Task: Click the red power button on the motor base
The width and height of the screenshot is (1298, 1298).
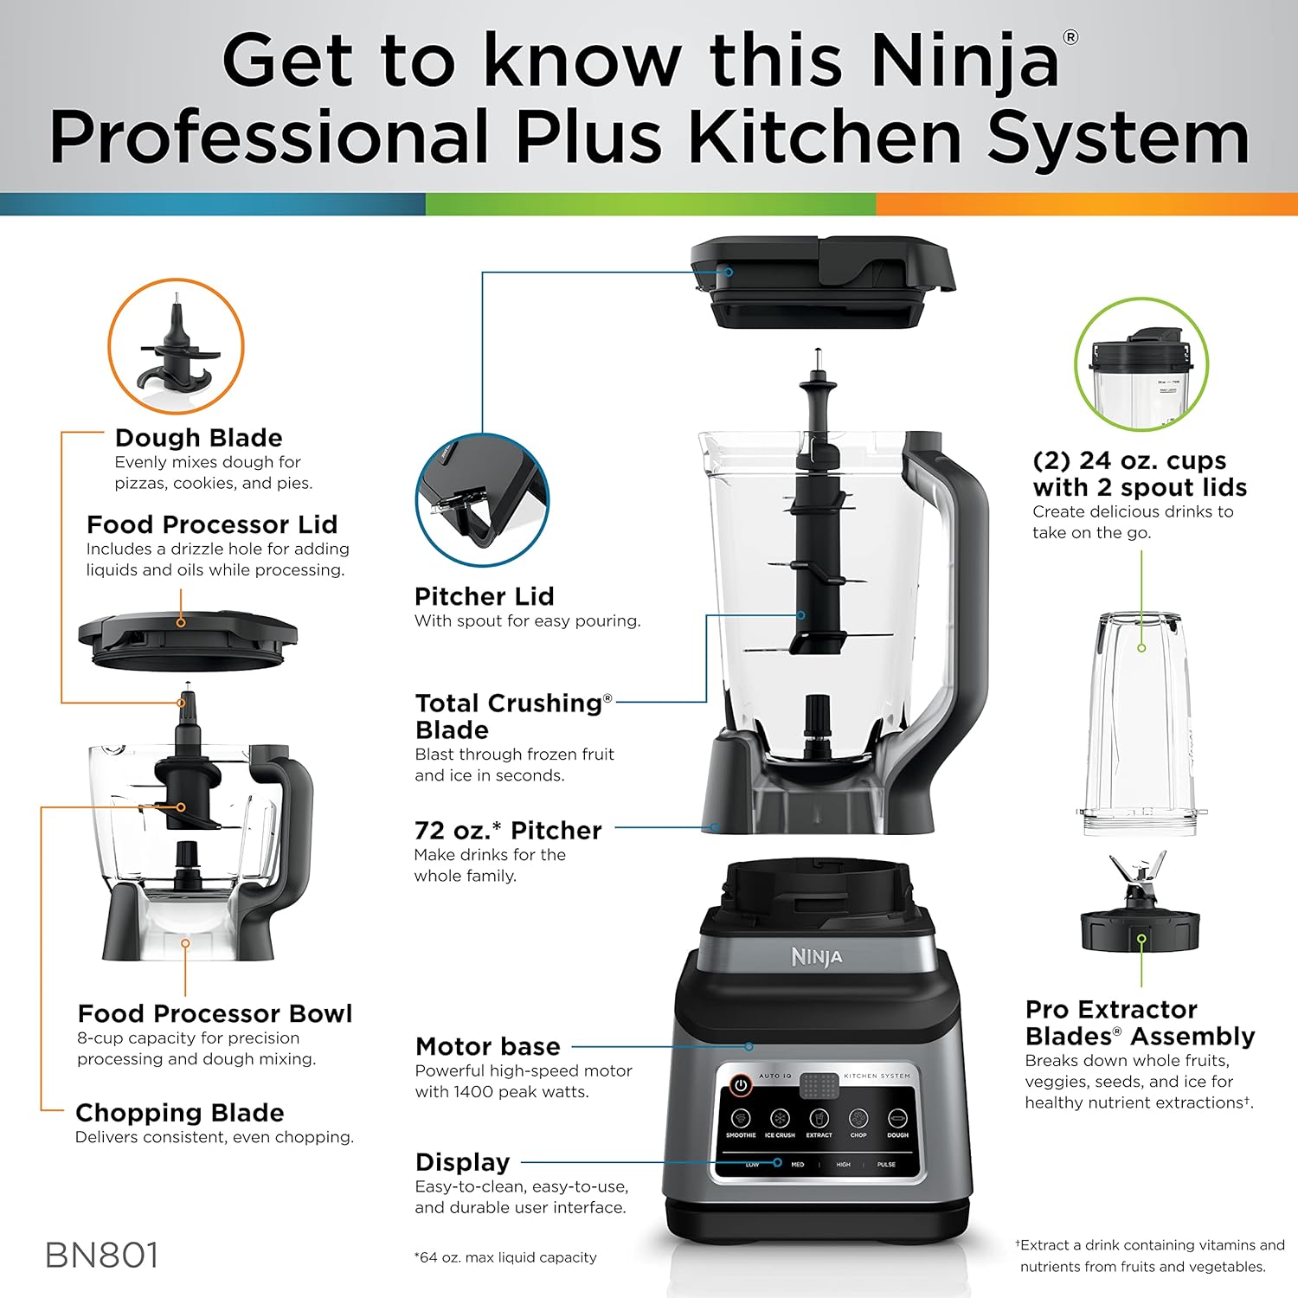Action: pyautogui.click(x=741, y=1084)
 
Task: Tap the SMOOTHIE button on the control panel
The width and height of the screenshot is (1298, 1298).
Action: pyautogui.click(x=741, y=1119)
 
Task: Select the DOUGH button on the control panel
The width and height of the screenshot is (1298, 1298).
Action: pyautogui.click(x=897, y=1119)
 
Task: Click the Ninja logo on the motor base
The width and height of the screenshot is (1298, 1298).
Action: pyautogui.click(x=816, y=957)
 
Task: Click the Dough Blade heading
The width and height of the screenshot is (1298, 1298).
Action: pyautogui.click(x=198, y=438)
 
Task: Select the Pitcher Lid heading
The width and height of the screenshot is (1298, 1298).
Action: pyautogui.click(x=484, y=596)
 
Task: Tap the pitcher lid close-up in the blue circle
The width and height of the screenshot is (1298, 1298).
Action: pyautogui.click(x=481, y=500)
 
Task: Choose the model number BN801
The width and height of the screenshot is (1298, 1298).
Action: pyautogui.click(x=102, y=1256)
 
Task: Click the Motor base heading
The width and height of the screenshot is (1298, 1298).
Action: pyautogui.click(x=487, y=1046)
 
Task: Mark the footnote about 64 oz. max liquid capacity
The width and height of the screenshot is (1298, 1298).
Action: pyautogui.click(x=505, y=1257)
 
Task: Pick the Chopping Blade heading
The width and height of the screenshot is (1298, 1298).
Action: pyautogui.click(x=179, y=1113)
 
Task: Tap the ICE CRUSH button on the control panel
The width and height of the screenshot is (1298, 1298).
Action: pyautogui.click(x=780, y=1119)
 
